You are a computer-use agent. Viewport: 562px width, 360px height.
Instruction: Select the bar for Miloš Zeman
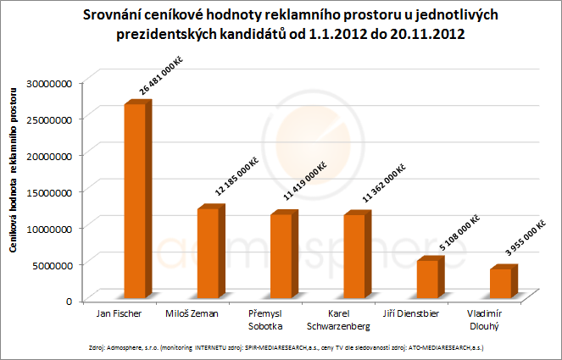pyautogui.click(x=208, y=253)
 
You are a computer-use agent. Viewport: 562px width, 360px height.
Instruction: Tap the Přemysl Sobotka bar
pyautogui.click(x=281, y=256)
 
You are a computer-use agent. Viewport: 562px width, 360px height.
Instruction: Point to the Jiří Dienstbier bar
pyautogui.click(x=427, y=279)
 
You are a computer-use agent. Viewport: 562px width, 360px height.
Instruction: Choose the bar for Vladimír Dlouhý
pyautogui.click(x=500, y=283)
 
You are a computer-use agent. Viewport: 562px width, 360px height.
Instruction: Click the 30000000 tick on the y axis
pyautogui.click(x=53, y=83)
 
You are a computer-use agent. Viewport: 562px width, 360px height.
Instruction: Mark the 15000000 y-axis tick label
pyautogui.click(x=53, y=192)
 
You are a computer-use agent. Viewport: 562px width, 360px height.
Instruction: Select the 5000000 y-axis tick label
pyautogui.click(x=57, y=264)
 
